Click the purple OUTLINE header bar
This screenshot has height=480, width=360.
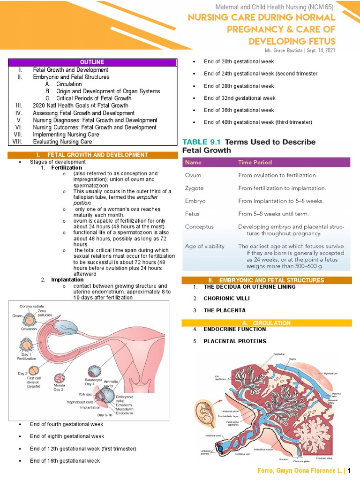(92, 62)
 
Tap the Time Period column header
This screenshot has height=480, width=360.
(255, 162)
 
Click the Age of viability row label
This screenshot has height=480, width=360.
(205, 246)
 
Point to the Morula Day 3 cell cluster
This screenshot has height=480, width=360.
(60, 377)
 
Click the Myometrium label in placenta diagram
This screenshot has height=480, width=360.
(331, 373)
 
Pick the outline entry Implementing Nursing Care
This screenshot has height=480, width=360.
(66, 135)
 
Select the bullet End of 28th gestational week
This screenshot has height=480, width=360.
(239, 86)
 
